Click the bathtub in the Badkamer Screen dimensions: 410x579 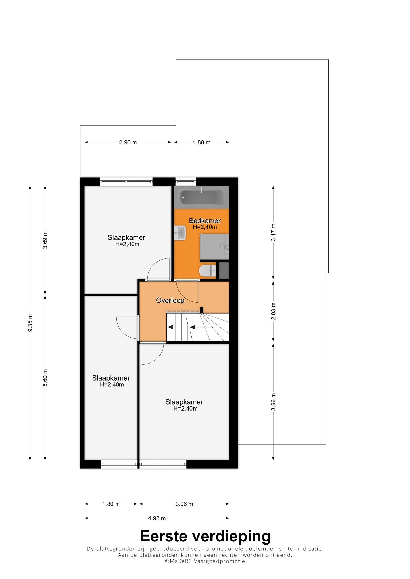pyautogui.click(x=201, y=197)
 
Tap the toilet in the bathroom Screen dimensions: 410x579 pyautogui.click(x=208, y=271)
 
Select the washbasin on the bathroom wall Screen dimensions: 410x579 pyautogui.click(x=180, y=233)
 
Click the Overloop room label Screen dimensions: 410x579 pyautogui.click(x=170, y=300)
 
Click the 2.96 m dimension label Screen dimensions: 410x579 pyautogui.click(x=128, y=142)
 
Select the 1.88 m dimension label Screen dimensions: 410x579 pyautogui.click(x=202, y=142)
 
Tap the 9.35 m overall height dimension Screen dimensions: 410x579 pyautogui.click(x=30, y=323)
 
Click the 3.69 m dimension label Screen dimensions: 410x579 pyautogui.click(x=45, y=240)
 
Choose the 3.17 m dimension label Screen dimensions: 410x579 pyautogui.click(x=274, y=232)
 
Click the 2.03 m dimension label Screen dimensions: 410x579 pyautogui.click(x=274, y=311)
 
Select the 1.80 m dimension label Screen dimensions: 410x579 pyautogui.click(x=111, y=504)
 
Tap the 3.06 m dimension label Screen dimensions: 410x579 pyautogui.click(x=184, y=504)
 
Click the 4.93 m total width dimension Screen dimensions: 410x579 pyautogui.click(x=157, y=518)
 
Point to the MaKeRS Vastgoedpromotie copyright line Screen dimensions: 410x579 pyautogui.click(x=205, y=561)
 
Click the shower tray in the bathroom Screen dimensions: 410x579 pyautogui.click(x=214, y=247)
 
